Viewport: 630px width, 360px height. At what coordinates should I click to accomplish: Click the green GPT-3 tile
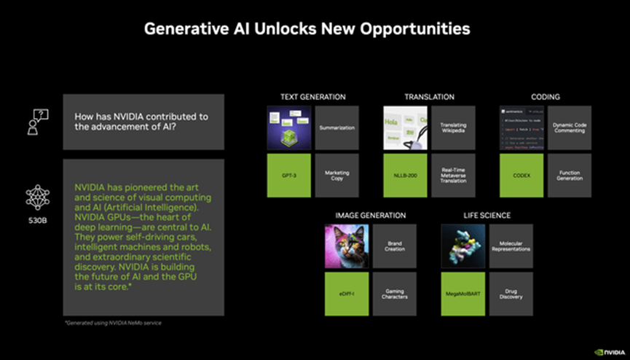pos(289,175)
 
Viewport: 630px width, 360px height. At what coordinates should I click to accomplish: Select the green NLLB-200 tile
pos(406,175)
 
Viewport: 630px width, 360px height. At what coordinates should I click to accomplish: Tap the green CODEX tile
pos(521,175)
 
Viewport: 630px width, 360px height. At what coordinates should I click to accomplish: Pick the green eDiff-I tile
pos(347,294)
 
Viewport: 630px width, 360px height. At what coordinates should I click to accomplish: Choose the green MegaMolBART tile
pos(463,294)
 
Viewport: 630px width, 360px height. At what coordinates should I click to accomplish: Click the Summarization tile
pos(336,128)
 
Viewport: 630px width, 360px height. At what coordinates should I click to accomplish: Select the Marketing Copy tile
pos(336,175)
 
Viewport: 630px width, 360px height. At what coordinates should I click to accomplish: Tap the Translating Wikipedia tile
pos(453,128)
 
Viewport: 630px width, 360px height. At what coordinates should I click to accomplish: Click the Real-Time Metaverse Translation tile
pos(453,175)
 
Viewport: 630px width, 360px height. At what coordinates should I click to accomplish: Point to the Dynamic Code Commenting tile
pos(569,128)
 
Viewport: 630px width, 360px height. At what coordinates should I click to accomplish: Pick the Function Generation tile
pos(569,175)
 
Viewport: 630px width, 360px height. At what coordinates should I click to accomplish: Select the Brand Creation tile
pos(394,246)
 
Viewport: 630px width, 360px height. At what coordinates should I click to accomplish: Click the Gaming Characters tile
pos(394,294)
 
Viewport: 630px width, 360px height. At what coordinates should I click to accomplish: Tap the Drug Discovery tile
pos(511,294)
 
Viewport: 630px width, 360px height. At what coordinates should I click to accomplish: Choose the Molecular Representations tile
pos(511,246)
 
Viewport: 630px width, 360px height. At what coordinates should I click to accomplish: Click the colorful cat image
pos(347,246)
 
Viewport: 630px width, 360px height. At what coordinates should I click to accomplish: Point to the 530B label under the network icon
pos(36,219)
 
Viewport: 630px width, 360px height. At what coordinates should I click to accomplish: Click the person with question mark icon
pos(37,121)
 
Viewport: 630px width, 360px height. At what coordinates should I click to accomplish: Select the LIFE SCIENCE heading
pos(487,216)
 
